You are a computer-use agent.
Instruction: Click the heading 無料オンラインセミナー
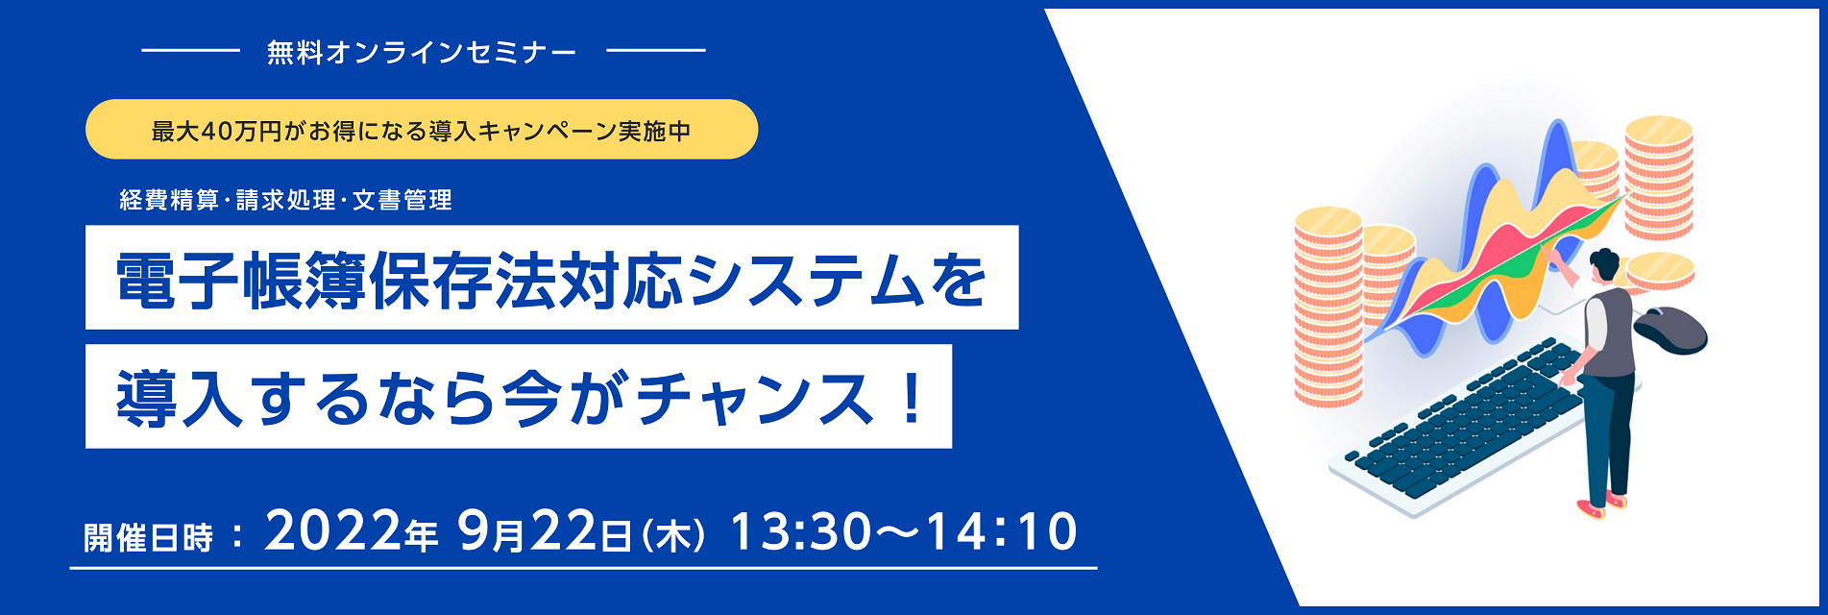click(x=422, y=52)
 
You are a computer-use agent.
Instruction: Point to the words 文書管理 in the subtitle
click(x=402, y=200)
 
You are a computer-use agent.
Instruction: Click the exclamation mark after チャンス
click(x=909, y=398)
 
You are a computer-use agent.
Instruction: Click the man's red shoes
click(x=1602, y=505)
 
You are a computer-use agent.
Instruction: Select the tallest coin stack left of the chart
click(x=1328, y=307)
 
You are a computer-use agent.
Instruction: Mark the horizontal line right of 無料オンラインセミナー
click(x=656, y=50)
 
